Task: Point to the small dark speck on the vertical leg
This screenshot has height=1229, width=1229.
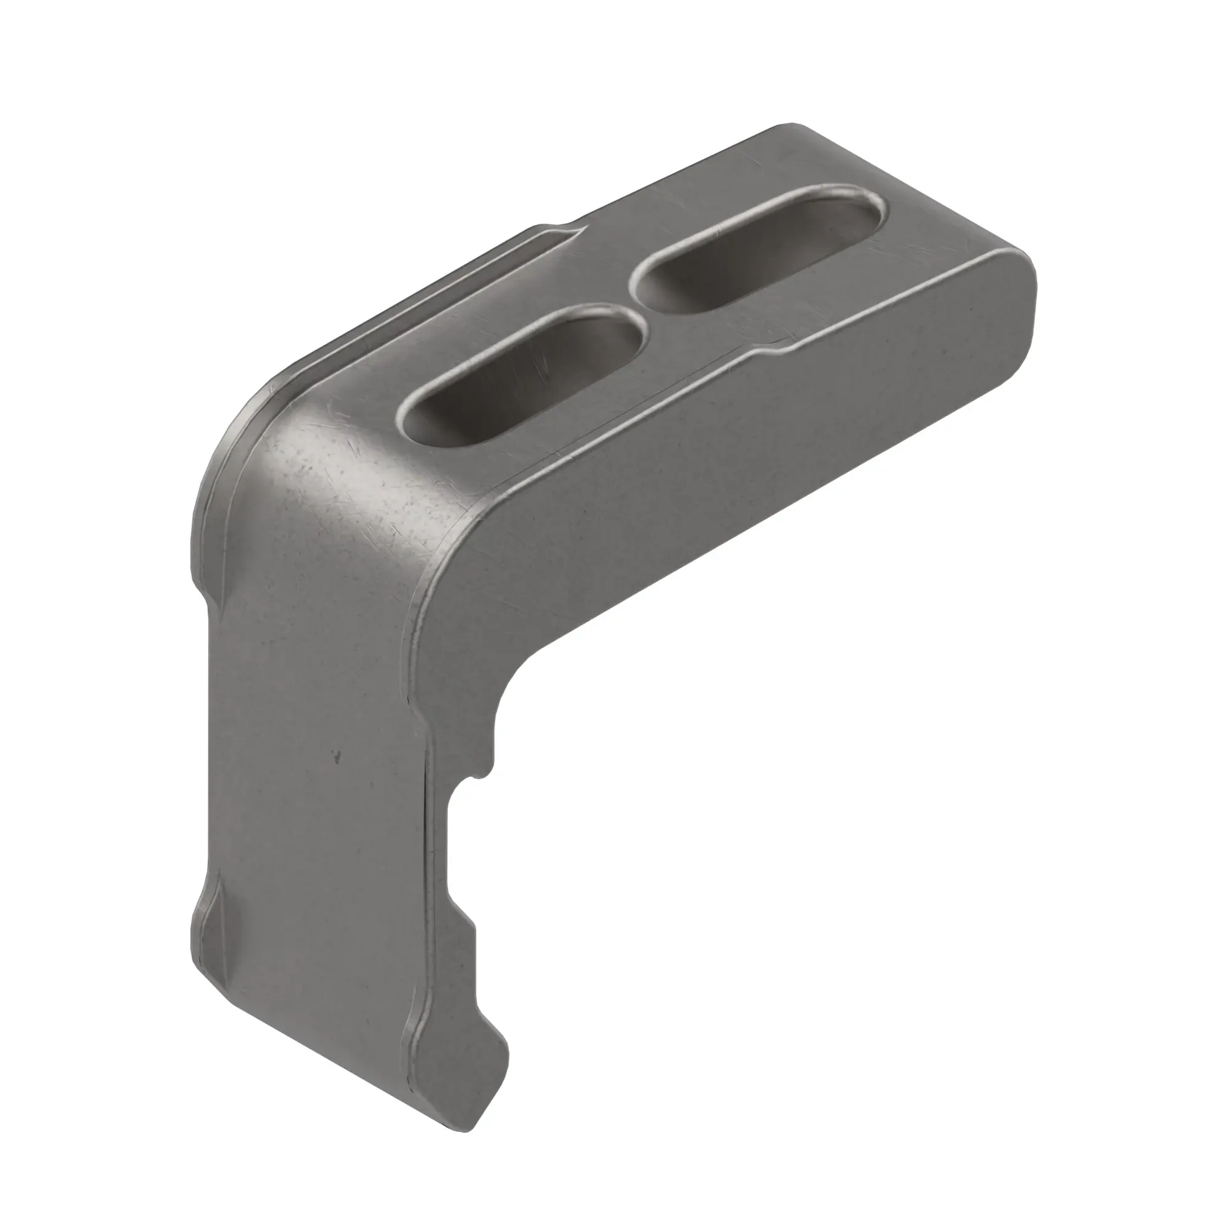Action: (x=337, y=757)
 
